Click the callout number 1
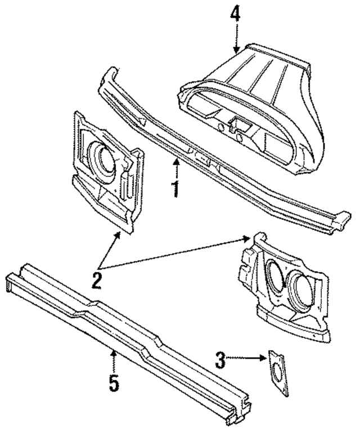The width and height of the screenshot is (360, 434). (176, 189)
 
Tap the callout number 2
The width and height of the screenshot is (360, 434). (97, 279)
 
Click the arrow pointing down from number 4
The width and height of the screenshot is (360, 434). (236, 39)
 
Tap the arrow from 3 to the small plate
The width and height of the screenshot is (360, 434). (248, 356)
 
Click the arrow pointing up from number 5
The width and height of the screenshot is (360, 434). (114, 360)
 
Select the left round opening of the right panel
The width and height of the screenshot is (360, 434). (274, 278)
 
